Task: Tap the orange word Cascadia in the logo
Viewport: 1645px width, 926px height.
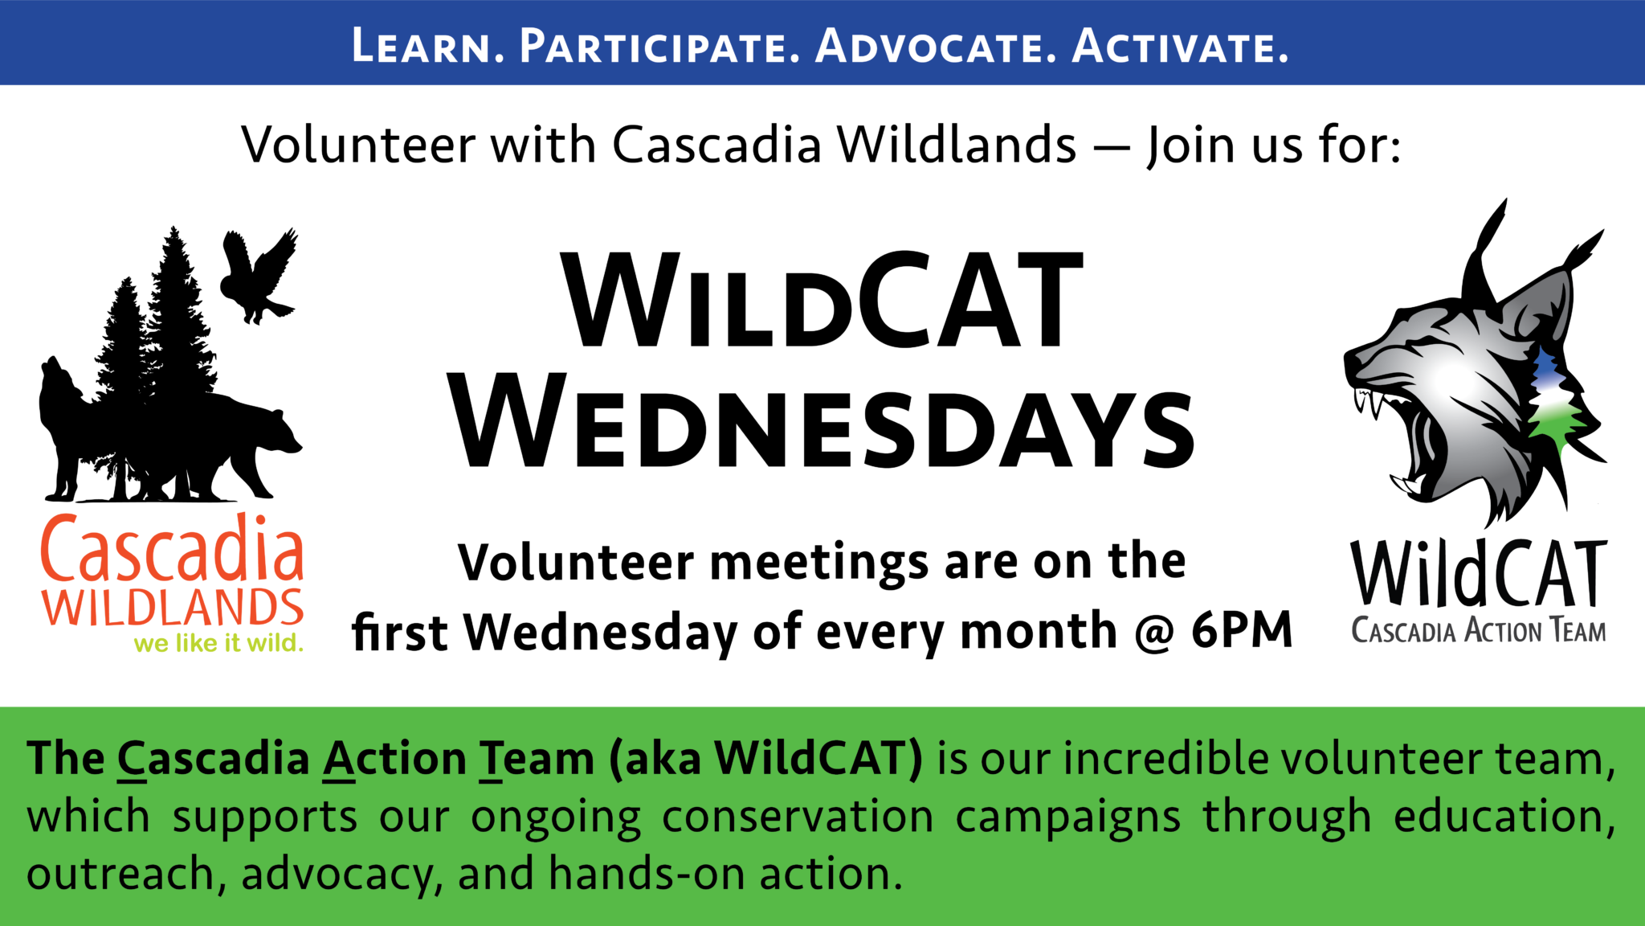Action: [x=172, y=548]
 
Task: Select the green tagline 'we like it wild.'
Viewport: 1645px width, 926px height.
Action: [x=218, y=643]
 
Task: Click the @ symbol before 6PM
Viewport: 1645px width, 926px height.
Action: [x=1154, y=632]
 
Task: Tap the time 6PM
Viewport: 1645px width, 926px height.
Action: [x=1241, y=629]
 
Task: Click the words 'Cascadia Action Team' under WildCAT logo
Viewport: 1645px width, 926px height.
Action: [x=1479, y=630]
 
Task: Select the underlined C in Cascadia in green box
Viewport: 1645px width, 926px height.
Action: [x=133, y=759]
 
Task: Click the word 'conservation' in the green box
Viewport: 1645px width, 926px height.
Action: [x=798, y=817]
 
